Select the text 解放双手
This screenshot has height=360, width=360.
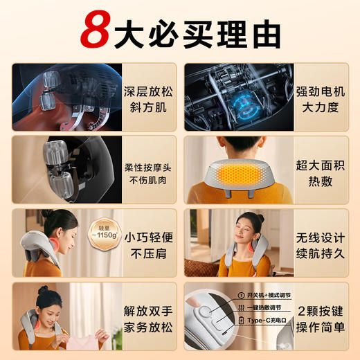coord(143,305)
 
